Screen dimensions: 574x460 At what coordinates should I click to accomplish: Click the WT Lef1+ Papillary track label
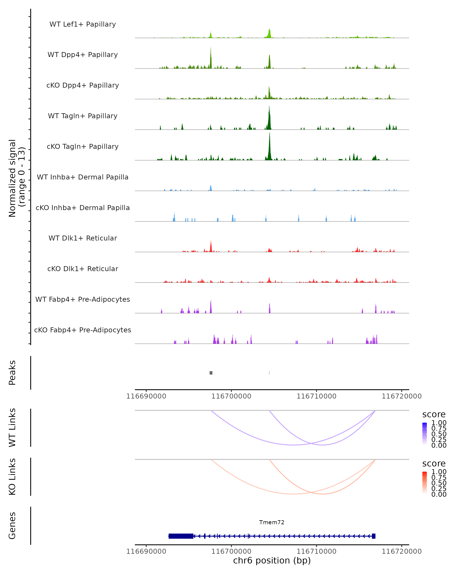point(83,24)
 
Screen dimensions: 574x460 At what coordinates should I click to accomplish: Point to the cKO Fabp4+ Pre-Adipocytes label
point(83,330)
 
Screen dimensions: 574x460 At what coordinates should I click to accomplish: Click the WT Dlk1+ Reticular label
point(83,238)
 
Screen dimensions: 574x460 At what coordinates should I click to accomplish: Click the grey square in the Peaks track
point(211,373)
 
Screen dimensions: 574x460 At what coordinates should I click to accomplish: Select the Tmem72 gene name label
point(272,522)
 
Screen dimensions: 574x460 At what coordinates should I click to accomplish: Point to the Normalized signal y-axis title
point(16,178)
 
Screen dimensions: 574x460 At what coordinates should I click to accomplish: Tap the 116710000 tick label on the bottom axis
point(316,551)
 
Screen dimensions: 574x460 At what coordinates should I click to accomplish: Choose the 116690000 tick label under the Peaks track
point(146,396)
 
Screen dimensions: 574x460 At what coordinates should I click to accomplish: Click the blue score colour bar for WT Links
point(425,434)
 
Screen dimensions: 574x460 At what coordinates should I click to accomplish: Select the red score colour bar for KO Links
point(425,483)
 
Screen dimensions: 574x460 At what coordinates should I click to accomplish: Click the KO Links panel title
point(12,477)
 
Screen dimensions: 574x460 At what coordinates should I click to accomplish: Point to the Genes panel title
point(12,526)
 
